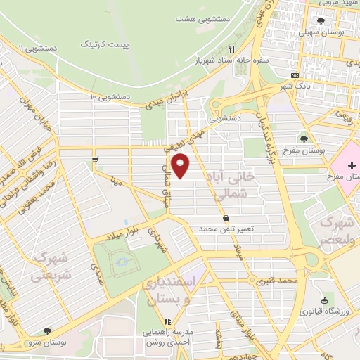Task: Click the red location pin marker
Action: tap(181, 166)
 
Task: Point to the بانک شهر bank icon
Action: tap(294, 75)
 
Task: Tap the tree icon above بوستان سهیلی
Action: tap(321, 21)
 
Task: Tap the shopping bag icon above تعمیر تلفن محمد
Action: tap(225, 217)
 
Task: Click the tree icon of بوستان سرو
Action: tap(47, 330)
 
